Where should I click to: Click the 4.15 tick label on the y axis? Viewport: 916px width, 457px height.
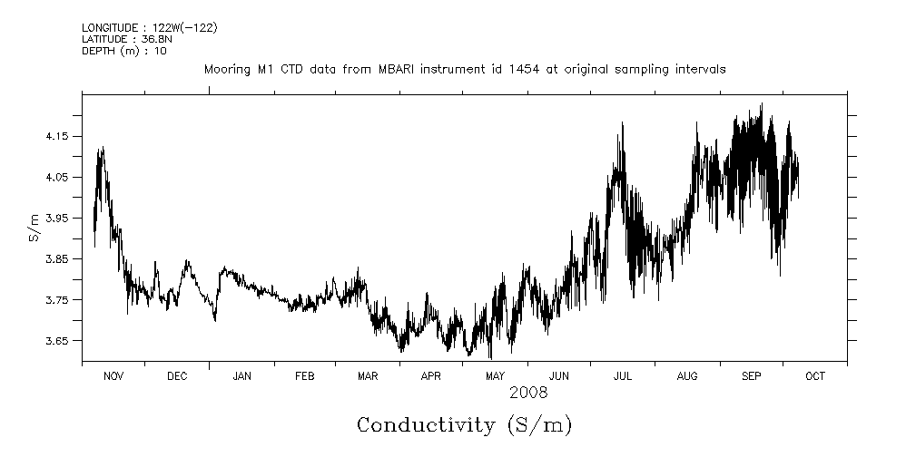[57, 136]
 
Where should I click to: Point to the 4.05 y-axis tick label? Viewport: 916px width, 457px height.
[57, 177]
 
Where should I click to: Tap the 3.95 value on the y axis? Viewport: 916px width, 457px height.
[57, 218]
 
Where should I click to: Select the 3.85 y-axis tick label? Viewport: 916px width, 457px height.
[57, 258]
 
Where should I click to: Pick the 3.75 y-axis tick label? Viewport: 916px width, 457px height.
[57, 300]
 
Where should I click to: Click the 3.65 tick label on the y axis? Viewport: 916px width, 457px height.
[57, 341]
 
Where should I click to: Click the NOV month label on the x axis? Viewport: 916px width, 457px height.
[113, 376]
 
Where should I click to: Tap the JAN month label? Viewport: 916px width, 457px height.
[241, 376]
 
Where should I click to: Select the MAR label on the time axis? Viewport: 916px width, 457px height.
[368, 376]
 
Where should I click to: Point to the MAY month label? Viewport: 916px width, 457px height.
[495, 376]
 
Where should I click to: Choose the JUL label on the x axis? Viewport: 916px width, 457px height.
[623, 376]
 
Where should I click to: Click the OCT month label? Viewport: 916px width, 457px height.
[814, 376]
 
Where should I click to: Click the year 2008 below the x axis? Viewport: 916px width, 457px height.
[527, 394]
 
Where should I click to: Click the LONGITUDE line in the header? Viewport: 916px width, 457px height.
[149, 28]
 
